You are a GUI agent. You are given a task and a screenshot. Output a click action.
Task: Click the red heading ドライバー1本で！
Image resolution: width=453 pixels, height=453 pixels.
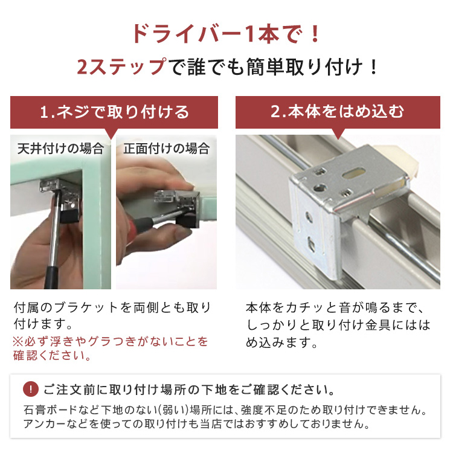pyautogui.click(x=226, y=34)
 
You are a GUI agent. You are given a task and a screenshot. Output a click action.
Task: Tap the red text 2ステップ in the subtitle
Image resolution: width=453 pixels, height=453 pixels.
pyautogui.click(x=121, y=66)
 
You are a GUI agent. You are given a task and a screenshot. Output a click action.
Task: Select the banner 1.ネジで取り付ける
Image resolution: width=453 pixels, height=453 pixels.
pyautogui.click(x=114, y=112)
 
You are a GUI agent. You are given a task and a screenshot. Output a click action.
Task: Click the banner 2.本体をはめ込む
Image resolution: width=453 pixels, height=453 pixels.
pyautogui.click(x=338, y=112)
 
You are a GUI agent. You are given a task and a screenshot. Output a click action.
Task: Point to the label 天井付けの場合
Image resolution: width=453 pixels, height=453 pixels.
pyautogui.click(x=60, y=149)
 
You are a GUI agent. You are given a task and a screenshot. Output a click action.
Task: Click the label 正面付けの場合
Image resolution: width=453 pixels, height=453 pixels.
pyautogui.click(x=167, y=149)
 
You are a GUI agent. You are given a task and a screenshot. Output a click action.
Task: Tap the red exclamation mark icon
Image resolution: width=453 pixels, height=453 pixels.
pyautogui.click(x=31, y=389)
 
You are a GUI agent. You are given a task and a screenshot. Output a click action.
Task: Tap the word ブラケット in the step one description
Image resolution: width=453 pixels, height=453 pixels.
pyautogui.click(x=86, y=307)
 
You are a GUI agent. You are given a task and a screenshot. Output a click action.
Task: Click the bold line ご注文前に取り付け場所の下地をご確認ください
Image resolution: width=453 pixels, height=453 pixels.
pyautogui.click(x=189, y=390)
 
